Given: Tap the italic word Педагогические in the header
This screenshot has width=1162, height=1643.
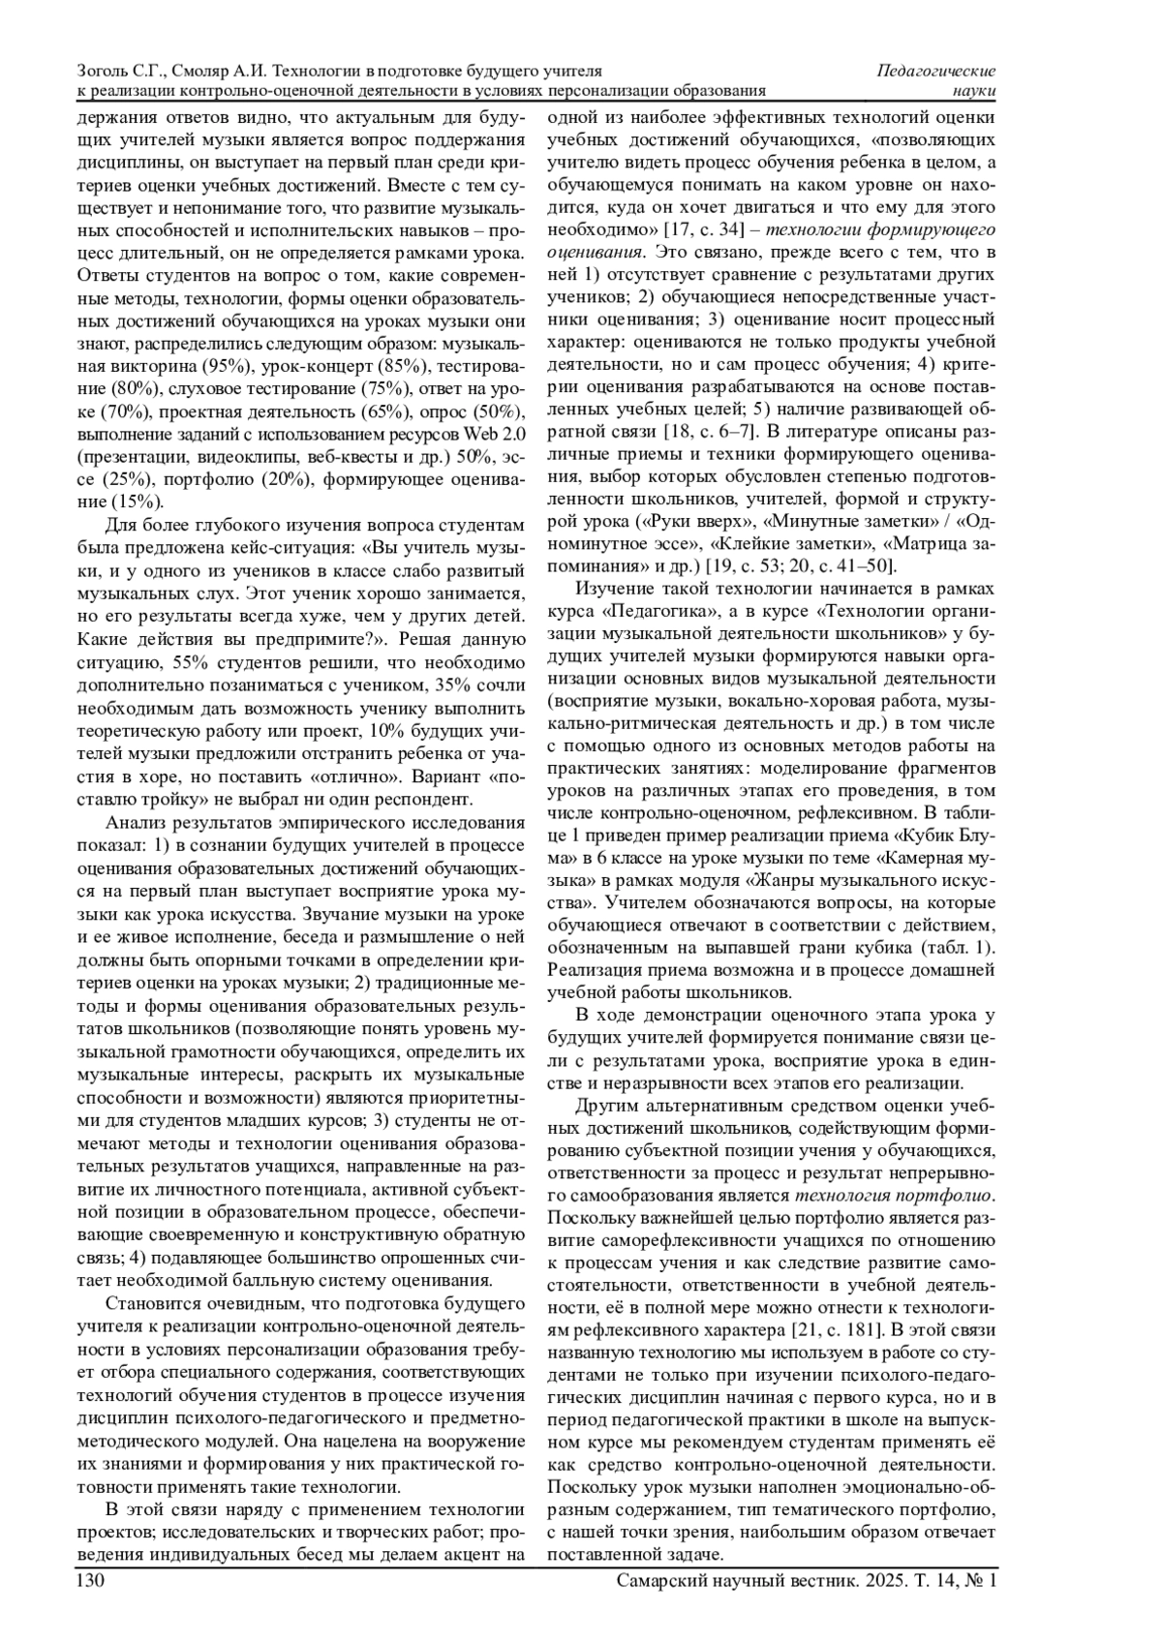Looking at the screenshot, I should click(x=935, y=71).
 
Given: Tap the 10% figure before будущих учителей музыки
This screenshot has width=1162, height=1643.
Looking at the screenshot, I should click(x=382, y=730).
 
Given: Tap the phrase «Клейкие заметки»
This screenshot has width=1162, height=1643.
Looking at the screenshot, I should click(x=788, y=542).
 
